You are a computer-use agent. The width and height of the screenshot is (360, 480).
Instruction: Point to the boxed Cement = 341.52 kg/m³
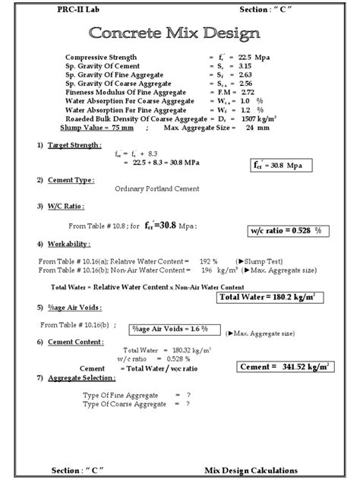[284, 366]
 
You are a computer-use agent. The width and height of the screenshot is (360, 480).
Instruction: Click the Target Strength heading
[74, 144]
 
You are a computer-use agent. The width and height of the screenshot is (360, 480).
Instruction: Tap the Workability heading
[67, 244]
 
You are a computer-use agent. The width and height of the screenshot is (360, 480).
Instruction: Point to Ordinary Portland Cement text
[157, 189]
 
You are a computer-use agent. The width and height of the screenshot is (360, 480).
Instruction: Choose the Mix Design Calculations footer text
[251, 470]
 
